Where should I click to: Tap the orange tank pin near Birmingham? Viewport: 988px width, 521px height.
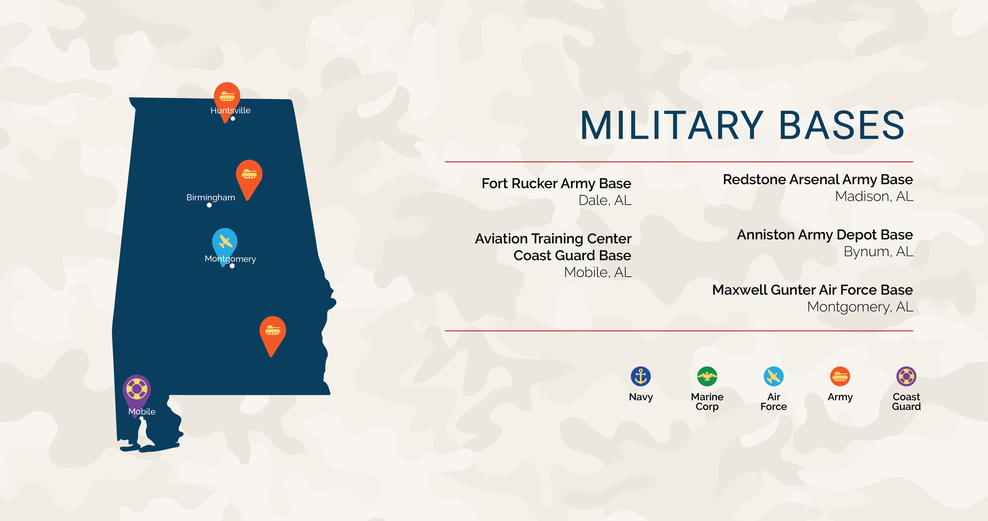point(249,175)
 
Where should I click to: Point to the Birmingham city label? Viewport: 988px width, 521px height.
point(211,197)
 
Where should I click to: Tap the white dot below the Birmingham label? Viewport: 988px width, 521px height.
point(209,205)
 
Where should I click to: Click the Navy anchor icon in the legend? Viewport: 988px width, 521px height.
point(640,376)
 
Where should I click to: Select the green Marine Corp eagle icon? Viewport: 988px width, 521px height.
point(707,376)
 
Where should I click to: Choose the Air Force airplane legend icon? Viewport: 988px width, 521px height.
point(774,376)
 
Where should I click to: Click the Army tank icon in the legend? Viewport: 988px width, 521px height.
point(840,376)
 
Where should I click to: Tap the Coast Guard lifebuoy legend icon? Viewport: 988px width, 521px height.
point(906,376)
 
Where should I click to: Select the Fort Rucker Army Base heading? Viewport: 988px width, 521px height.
point(556,184)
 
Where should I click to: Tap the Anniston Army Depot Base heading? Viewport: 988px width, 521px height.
point(825,235)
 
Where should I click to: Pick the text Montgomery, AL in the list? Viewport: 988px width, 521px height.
point(860,307)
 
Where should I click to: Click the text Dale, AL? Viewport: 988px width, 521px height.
point(605,200)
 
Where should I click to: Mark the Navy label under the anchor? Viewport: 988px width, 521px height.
point(640,397)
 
